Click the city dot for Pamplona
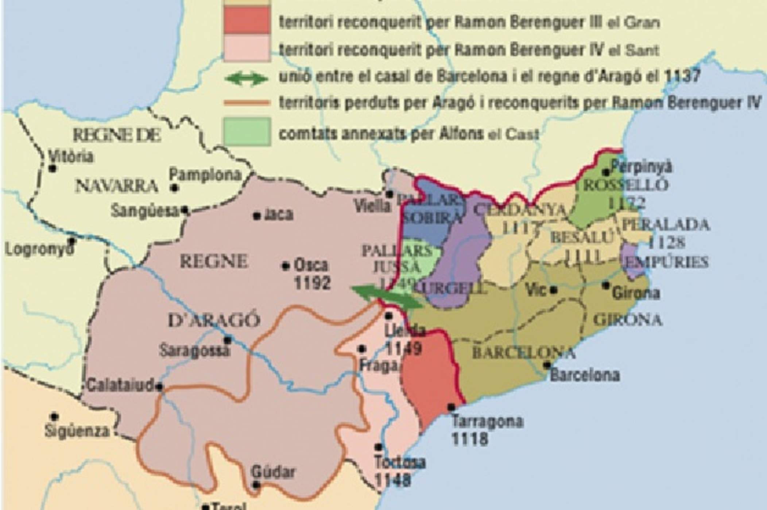[x=175, y=188]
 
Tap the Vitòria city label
[x=71, y=157]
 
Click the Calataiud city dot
[x=159, y=387]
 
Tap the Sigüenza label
[x=77, y=431]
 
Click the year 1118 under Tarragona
[x=470, y=439]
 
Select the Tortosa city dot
[x=379, y=447]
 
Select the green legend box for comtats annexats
[x=247, y=132]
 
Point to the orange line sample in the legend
[x=247, y=103]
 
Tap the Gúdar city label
[x=274, y=472]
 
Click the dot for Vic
[x=554, y=290]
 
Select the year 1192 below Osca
[x=312, y=283]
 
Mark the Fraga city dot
[x=362, y=349]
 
